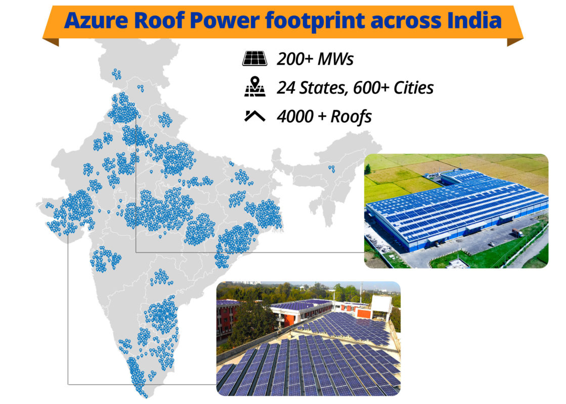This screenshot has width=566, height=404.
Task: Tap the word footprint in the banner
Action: click(315, 21)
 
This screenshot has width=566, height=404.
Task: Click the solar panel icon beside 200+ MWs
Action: click(255, 59)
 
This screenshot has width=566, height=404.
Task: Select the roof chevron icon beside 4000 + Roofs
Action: click(255, 116)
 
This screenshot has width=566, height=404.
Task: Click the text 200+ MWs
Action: click(315, 59)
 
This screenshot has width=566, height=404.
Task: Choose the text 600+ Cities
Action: click(393, 87)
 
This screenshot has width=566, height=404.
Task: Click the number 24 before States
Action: click(286, 87)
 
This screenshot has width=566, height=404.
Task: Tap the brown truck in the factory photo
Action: click(517, 233)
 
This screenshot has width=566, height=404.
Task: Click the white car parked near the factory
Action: click(492, 244)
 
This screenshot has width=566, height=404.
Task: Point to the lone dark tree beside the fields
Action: click(368, 169)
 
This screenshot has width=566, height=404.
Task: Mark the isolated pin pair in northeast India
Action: click(331, 169)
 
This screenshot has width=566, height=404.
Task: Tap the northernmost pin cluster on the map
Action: click(117, 74)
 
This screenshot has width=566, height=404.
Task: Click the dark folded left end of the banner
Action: click(51, 42)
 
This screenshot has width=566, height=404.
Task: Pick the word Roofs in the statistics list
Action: click(351, 117)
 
